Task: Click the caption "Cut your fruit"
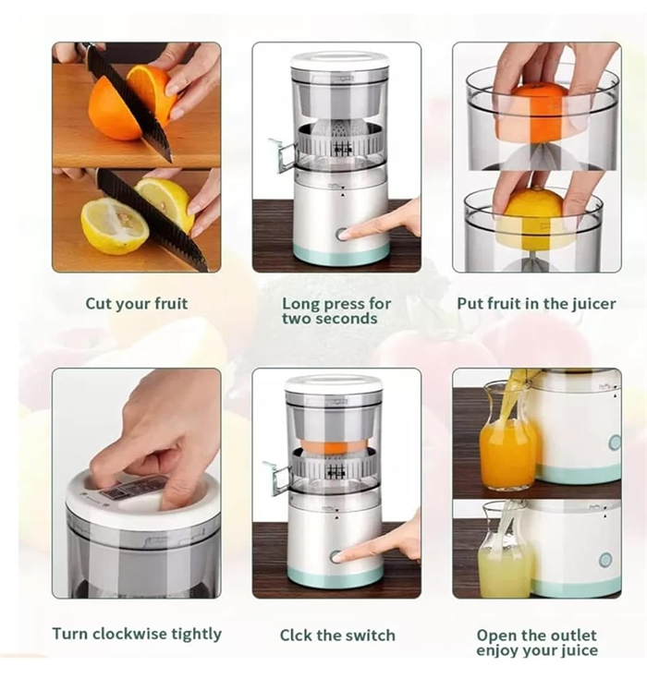tap(136, 303)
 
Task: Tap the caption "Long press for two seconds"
tap(336, 310)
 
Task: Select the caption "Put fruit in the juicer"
tap(536, 303)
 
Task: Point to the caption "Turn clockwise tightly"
tap(137, 634)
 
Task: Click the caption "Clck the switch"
tap(337, 635)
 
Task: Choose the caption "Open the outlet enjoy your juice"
tap(536, 642)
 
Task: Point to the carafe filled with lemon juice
tap(504, 554)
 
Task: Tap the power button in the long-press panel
tap(343, 235)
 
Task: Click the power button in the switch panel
tap(336, 556)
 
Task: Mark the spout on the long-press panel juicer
tap(279, 152)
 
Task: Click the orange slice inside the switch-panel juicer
tap(335, 445)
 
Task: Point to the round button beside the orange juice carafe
tap(615, 442)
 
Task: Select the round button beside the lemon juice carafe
tap(605, 560)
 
